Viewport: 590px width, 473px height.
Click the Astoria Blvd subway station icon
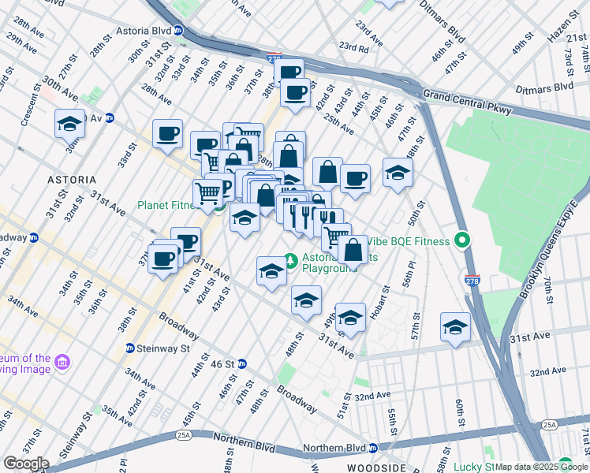point(179,31)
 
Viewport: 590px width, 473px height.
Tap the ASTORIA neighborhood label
point(72,180)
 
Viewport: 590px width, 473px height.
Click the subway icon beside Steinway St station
point(129,348)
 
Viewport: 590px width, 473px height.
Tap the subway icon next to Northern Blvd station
point(372,449)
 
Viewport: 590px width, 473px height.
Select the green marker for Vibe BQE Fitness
point(463,240)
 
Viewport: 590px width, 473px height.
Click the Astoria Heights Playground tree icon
point(290,259)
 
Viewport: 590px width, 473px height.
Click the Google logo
point(25,464)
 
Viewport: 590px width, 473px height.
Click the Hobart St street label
point(384,300)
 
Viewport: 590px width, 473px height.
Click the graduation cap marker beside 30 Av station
point(69,124)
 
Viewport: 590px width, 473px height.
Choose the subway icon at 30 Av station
point(110,118)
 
